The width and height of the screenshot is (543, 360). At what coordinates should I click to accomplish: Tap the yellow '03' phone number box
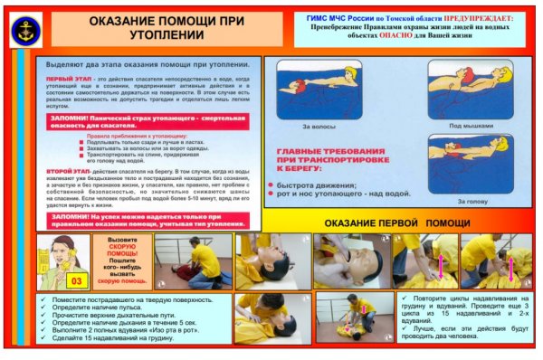coord(76,281)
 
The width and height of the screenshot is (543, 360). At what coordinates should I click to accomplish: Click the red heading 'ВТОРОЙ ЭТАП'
coord(67,169)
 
